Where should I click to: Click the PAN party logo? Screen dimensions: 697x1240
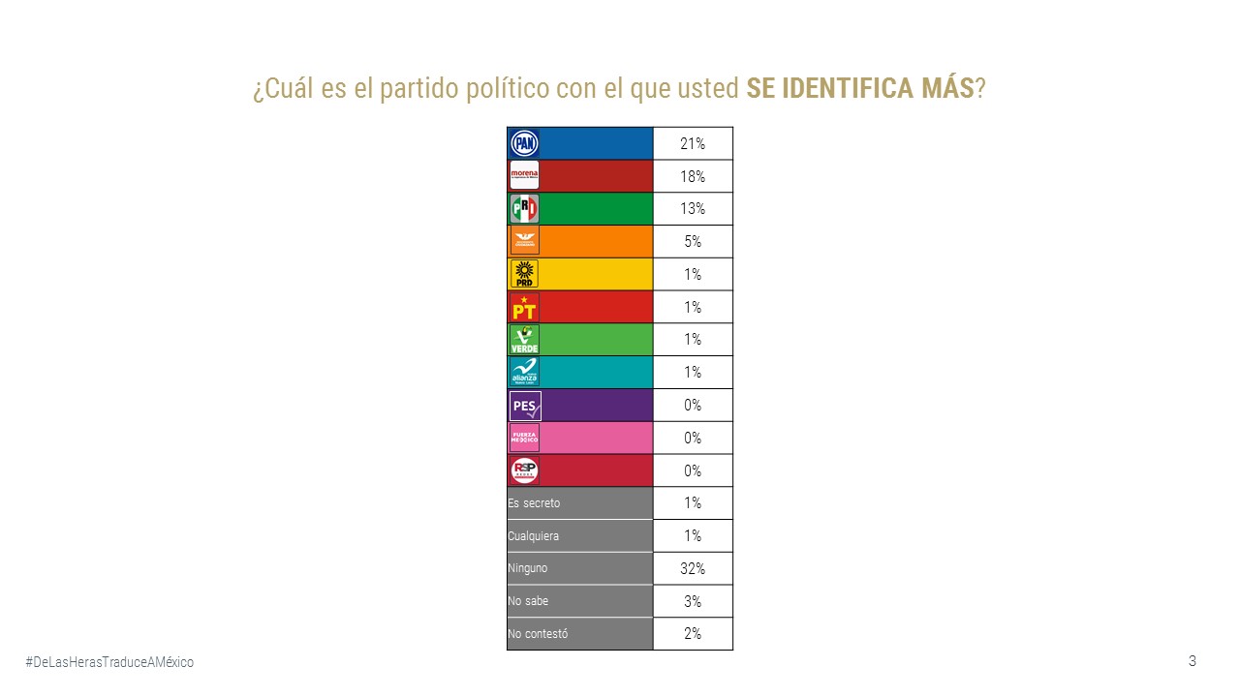coord(524,144)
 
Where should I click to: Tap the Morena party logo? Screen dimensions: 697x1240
coord(524,176)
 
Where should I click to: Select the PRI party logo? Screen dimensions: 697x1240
coord(524,209)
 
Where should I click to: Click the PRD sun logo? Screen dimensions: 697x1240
coord(524,274)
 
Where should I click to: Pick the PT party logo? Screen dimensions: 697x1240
coord(524,307)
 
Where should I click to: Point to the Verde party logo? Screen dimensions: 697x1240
coord(524,340)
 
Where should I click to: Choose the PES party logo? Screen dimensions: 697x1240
coord(524,405)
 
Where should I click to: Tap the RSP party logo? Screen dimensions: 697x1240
coord(524,470)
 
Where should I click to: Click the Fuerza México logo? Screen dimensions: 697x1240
coord(524,438)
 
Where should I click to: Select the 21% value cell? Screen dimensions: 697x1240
coord(693,144)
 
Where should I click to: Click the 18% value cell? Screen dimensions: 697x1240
coord(693,177)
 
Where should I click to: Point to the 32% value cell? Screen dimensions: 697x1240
coord(693,568)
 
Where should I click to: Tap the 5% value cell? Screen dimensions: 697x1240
coord(693,242)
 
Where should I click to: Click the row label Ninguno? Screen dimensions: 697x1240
coord(527,568)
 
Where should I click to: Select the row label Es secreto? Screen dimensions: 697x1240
coord(534,503)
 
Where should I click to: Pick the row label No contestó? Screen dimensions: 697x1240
coord(538,634)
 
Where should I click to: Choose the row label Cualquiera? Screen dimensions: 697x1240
coord(533,535)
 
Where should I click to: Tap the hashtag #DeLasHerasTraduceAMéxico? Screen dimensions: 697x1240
coord(109,662)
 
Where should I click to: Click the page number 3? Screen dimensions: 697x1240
coord(1193,661)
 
